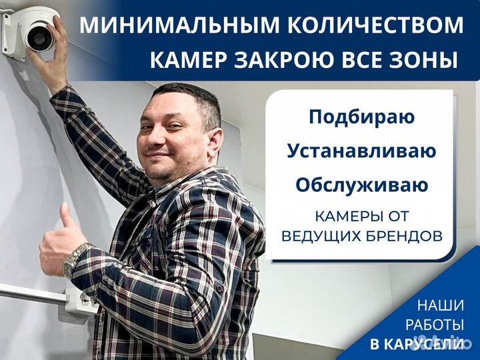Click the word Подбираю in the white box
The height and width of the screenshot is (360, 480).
point(361,117)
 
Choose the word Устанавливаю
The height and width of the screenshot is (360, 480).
point(361,151)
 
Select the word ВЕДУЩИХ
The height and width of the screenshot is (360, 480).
point(319,236)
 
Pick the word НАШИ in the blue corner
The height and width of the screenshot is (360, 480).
point(441,306)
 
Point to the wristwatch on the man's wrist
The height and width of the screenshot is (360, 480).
point(75,259)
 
